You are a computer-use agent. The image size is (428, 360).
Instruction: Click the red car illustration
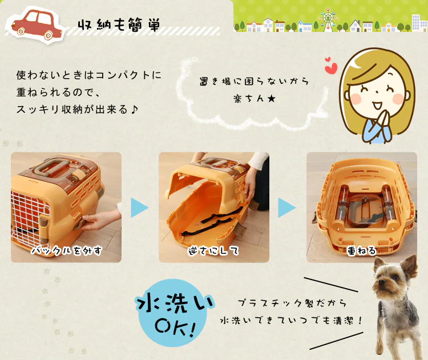pos(37,25)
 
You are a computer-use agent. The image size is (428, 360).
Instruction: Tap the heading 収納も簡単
pos(119,25)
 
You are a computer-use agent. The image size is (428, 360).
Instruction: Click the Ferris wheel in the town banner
pos(328,19)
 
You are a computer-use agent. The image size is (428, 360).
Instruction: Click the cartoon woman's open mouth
pos(378,105)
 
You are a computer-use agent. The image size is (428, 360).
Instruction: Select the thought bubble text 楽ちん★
pos(255,99)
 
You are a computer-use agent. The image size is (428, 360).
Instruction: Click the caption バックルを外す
pos(66,251)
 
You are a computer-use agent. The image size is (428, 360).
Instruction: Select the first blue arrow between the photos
pos(139,208)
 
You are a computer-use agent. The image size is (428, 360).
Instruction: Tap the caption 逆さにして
pos(213,251)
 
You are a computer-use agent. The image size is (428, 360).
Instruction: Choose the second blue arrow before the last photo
pos(286,208)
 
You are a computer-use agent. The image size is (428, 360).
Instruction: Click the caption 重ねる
pos(361,251)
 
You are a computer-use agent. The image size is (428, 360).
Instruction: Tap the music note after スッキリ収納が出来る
pos(134,110)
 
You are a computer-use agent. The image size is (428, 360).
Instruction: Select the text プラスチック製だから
pos(292,303)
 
